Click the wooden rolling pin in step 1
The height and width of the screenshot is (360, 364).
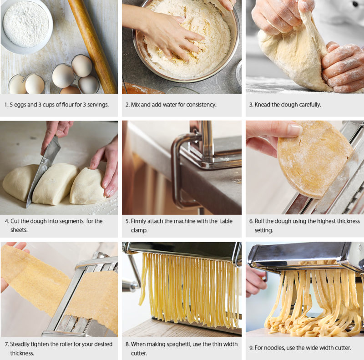point(93,46)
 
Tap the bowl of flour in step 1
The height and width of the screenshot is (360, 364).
point(26,25)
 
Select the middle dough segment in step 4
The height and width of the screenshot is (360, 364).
point(55,183)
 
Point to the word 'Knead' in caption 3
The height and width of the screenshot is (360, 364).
point(263,105)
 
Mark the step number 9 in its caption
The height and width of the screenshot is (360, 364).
point(251,348)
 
